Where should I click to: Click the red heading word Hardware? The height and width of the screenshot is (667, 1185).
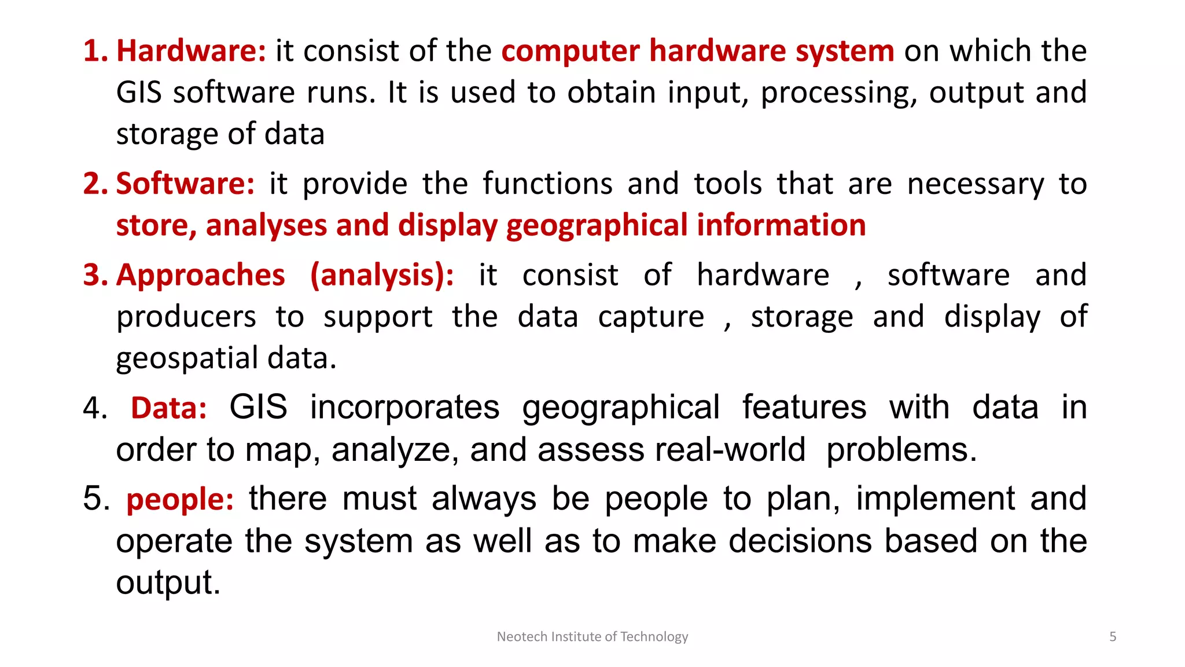[191, 51]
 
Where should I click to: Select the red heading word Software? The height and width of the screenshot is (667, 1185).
[185, 184]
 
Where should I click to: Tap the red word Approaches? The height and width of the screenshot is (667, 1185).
[200, 275]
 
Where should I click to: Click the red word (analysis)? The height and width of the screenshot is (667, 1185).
[382, 275]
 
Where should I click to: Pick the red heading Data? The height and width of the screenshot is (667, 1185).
[168, 408]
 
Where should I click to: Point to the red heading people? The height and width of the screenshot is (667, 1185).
[180, 500]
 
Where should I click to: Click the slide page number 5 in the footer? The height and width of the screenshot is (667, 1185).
[1112, 637]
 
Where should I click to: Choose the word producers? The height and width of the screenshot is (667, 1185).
[186, 317]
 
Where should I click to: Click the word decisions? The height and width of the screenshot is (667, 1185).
[800, 541]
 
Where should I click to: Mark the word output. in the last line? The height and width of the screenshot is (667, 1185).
[168, 583]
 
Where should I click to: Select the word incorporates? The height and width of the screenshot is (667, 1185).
[404, 408]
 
